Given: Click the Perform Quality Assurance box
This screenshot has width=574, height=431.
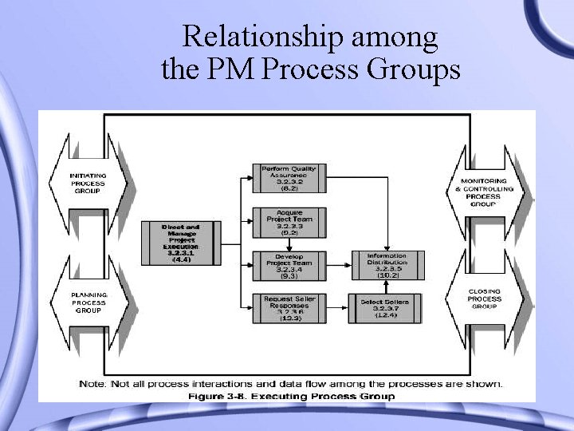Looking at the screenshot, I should (x=289, y=179).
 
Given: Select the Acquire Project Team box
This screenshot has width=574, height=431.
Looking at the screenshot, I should (x=289, y=221).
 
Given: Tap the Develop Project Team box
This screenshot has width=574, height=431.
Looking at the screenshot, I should (x=289, y=266).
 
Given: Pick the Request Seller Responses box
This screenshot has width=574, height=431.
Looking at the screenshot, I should (x=289, y=308).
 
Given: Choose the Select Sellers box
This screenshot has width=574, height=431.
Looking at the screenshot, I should (x=387, y=308).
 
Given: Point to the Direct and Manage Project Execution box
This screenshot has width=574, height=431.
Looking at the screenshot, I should (x=181, y=243).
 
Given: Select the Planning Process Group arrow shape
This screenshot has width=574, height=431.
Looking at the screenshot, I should (x=88, y=302).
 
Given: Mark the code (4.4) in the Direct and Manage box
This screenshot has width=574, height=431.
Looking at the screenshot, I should (x=181, y=259).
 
